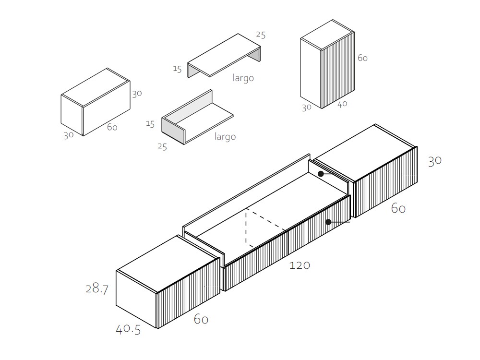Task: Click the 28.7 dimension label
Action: [97, 288]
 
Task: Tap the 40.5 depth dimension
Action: [128, 329]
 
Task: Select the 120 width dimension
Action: [300, 265]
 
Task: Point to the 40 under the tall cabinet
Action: [342, 104]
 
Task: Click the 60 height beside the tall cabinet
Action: [362, 58]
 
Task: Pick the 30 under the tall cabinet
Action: [307, 108]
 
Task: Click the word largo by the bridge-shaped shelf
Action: [243, 78]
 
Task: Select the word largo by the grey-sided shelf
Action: [225, 136]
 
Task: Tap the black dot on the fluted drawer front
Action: [328, 222]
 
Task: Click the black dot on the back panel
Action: [321, 174]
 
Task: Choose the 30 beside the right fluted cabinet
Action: [435, 161]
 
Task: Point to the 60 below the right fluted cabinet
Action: [398, 208]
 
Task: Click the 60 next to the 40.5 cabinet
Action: [201, 319]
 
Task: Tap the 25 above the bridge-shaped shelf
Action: [261, 35]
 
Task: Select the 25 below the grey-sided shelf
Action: [162, 146]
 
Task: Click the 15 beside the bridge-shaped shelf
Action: [177, 69]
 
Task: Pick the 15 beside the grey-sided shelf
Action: [150, 124]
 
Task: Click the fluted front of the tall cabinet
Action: [338, 70]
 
